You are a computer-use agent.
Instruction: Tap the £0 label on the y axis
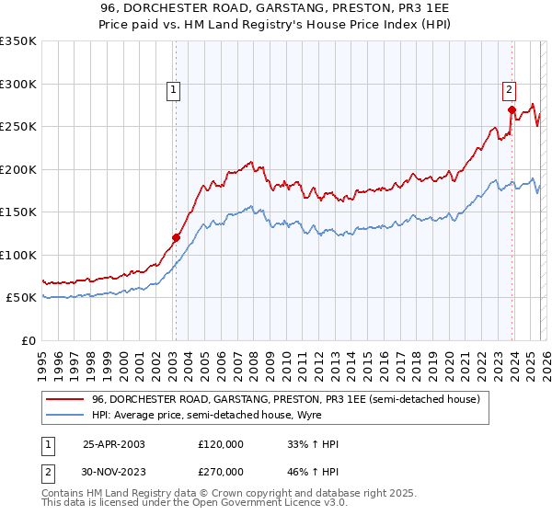[x=29, y=340]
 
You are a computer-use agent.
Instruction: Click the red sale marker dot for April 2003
[x=176, y=237]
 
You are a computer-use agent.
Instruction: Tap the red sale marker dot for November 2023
[x=511, y=109]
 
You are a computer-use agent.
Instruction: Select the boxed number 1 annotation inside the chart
[x=174, y=89]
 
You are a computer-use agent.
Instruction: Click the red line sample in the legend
[x=65, y=400]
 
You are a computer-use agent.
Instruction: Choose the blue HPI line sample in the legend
[x=65, y=416]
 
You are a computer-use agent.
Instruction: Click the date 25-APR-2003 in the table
[x=114, y=444]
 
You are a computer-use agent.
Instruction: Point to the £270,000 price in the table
[x=221, y=472]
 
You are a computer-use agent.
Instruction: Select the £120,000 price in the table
[x=221, y=444]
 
